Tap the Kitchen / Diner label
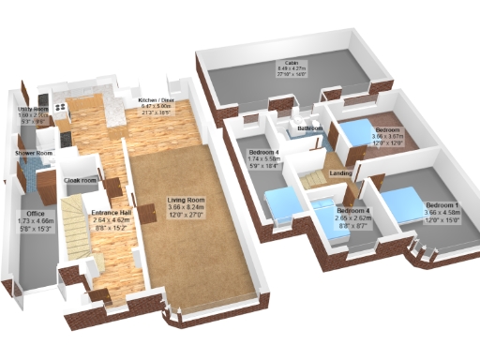[157, 99]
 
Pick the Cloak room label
[81, 180]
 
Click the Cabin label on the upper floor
[292, 62]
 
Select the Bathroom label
[310, 127]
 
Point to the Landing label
[341, 173]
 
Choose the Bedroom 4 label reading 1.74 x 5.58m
[264, 152]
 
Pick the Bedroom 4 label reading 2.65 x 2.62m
[353, 212]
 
